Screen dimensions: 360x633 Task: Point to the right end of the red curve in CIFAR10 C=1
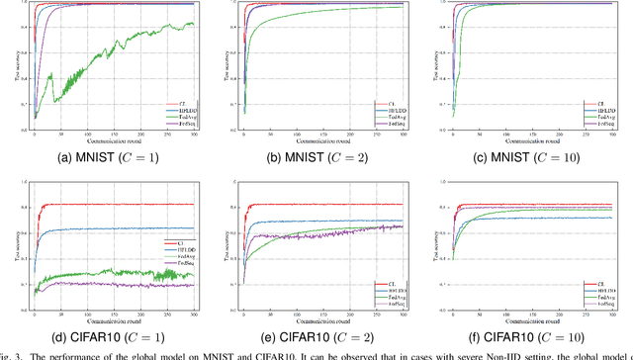(x=194, y=205)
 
